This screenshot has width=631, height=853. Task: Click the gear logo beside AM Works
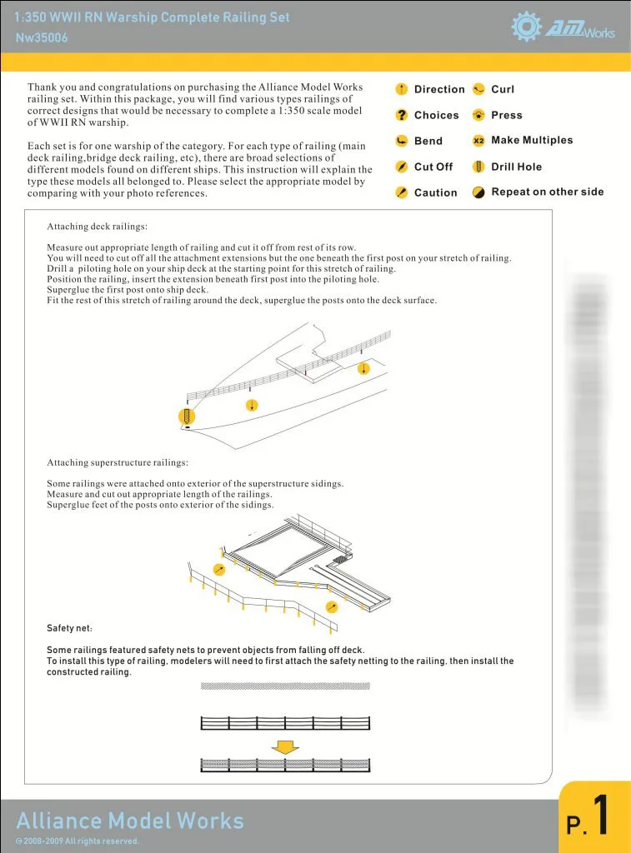click(527, 27)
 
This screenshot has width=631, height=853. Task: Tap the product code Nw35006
click(42, 37)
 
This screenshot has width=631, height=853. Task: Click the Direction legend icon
click(401, 89)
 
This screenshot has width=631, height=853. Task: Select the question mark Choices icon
click(401, 115)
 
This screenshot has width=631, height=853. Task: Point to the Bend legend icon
click(401, 141)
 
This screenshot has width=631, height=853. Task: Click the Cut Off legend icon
click(401, 167)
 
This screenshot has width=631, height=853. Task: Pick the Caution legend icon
click(401, 192)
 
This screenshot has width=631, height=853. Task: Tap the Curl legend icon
click(478, 89)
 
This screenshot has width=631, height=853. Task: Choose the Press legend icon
click(478, 115)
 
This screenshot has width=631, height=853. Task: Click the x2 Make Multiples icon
click(478, 141)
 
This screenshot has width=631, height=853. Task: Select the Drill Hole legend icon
click(478, 167)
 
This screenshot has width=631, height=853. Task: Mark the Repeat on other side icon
click(478, 192)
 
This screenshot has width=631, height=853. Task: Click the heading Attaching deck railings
click(98, 227)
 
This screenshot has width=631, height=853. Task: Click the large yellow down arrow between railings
click(285, 746)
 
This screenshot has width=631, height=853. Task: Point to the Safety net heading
click(69, 627)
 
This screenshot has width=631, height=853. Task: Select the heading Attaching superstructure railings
click(118, 462)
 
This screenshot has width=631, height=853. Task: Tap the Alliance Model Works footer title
click(130, 821)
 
